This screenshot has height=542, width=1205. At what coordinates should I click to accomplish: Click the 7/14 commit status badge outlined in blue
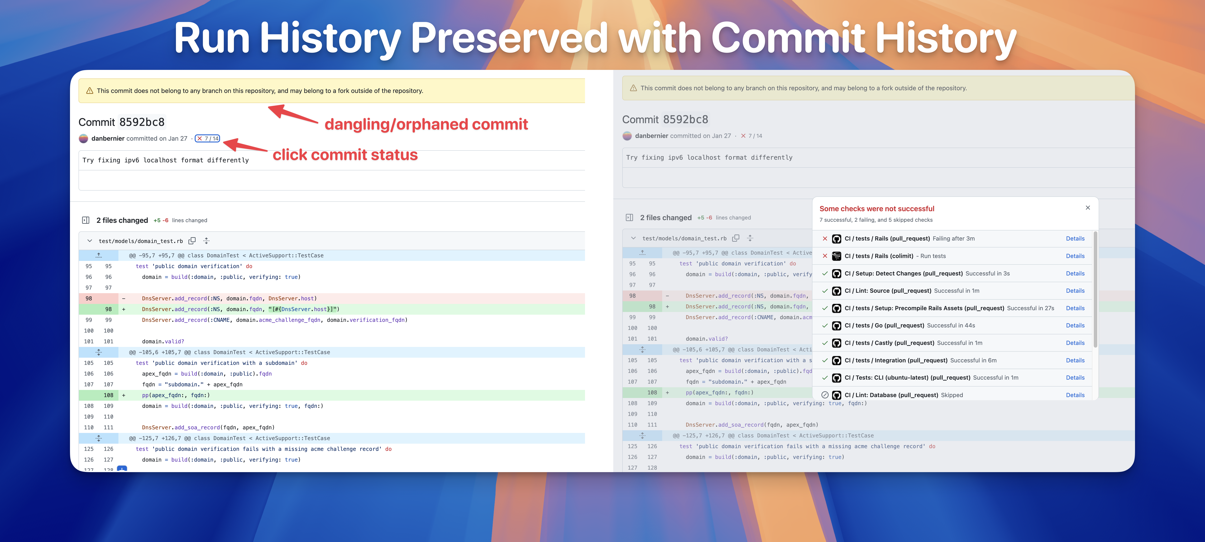(x=207, y=138)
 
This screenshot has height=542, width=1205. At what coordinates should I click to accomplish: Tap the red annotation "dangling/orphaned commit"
(x=426, y=124)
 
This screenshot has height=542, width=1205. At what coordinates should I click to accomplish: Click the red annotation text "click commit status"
(x=345, y=155)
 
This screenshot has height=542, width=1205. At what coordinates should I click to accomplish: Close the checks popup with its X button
(x=1088, y=207)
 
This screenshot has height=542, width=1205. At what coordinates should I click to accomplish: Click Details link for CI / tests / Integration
(x=1075, y=360)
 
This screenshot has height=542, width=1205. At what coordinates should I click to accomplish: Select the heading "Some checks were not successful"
(x=877, y=209)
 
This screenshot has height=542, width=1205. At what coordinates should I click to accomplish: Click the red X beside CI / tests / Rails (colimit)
(x=825, y=256)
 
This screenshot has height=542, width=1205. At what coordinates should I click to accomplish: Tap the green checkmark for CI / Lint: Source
(x=825, y=291)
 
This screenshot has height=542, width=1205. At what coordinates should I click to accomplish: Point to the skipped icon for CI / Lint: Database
(x=825, y=395)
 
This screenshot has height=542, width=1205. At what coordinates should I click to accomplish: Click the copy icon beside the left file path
(x=192, y=241)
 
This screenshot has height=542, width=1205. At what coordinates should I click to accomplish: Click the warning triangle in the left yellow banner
(x=89, y=91)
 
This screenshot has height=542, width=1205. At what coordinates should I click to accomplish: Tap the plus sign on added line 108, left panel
(x=124, y=395)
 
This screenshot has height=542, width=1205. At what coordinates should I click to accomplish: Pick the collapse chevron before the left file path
(x=89, y=241)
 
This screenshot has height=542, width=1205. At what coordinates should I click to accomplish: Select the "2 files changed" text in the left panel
(x=122, y=220)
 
